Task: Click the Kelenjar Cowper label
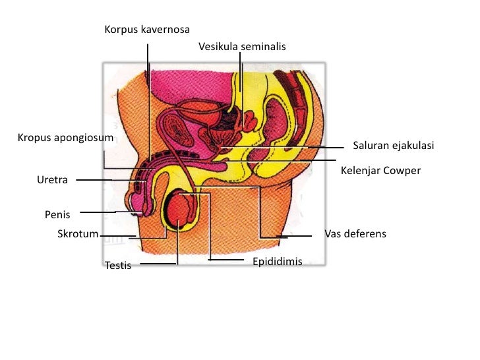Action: [380, 170]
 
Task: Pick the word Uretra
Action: [52, 179]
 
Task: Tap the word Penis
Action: [57, 214]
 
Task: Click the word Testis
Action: [118, 266]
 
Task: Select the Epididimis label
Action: [277, 262]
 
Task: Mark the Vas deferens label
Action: [355, 234]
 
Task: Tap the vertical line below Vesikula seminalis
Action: [242, 86]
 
